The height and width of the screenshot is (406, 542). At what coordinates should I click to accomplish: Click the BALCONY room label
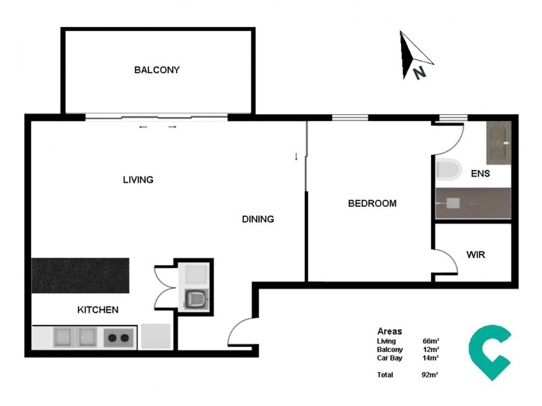157,70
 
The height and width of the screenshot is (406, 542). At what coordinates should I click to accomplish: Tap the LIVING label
138,180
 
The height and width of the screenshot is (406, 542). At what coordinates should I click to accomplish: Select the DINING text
258,219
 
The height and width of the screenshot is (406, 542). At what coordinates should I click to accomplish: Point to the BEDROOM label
372,203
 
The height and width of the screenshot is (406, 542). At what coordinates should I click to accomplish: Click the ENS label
480,174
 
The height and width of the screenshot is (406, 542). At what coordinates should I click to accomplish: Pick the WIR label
476,255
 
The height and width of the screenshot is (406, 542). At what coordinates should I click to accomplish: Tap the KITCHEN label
98,310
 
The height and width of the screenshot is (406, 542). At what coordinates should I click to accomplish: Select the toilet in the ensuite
449,169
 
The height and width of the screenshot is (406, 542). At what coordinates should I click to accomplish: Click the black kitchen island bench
81,275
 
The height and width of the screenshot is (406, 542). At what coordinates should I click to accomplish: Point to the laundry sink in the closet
196,298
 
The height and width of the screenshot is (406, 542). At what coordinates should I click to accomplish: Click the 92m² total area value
430,374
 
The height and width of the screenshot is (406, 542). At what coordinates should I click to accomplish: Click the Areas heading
390,332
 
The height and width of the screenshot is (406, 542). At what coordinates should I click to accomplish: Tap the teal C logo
489,351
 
